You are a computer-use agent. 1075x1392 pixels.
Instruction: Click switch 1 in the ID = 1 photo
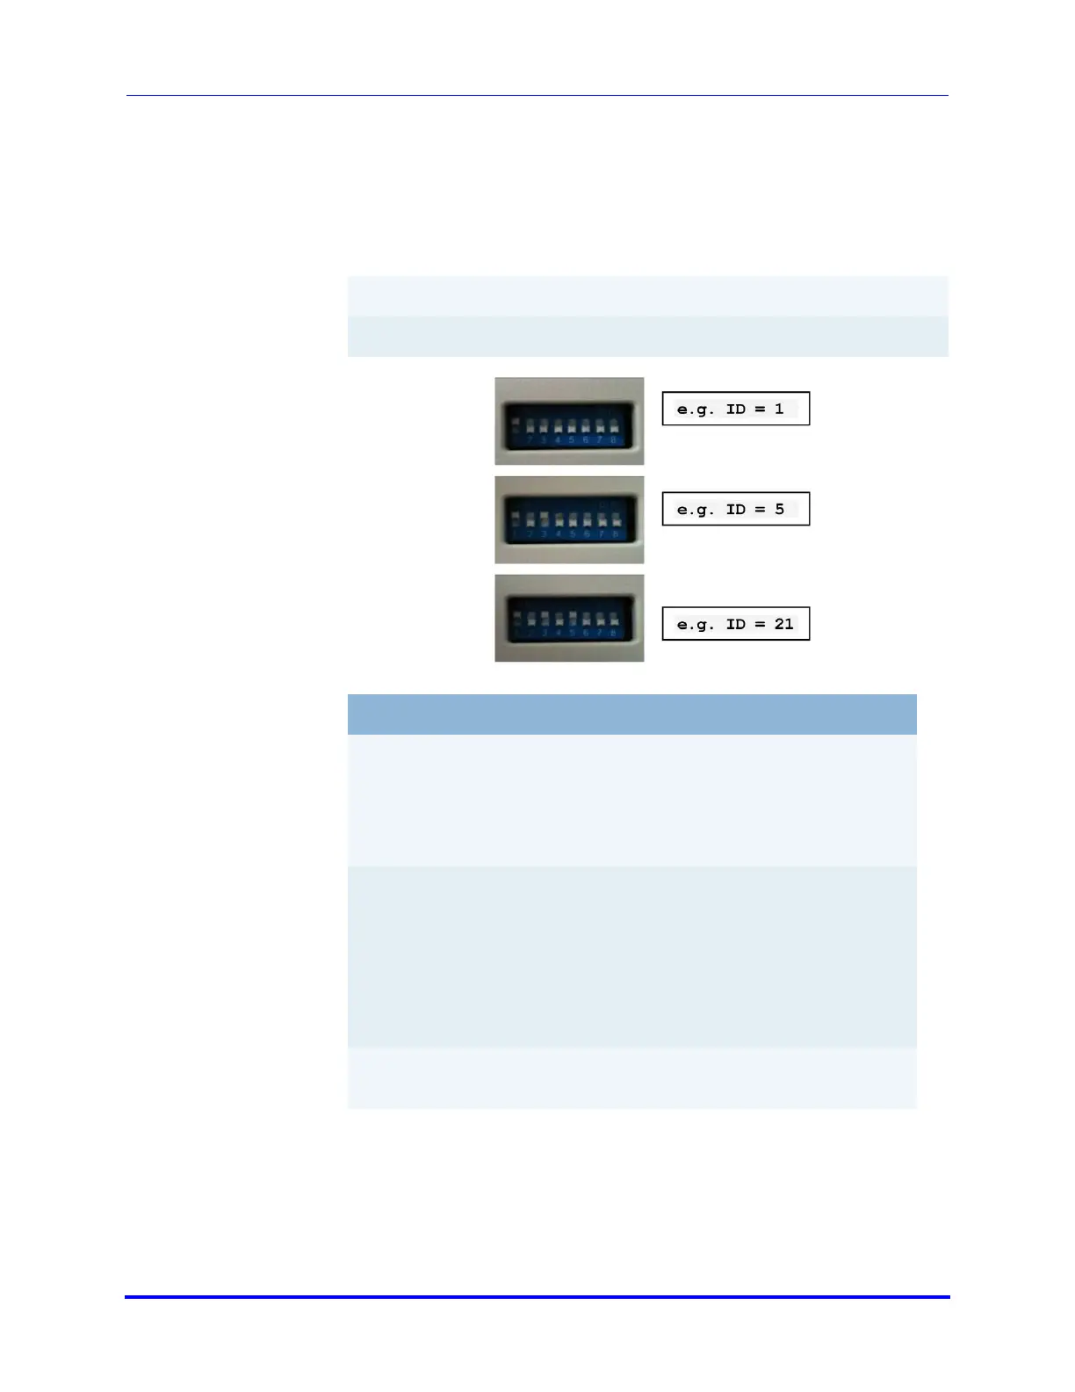516,425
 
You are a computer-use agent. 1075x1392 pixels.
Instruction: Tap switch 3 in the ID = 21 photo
544,619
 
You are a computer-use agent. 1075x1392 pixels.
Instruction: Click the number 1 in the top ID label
779,409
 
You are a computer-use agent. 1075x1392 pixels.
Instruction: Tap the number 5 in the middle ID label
779,509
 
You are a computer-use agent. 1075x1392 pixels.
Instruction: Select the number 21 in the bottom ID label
783,624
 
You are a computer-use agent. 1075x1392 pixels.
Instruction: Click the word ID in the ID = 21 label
736,624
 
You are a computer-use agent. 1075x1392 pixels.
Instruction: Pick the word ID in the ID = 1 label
736,409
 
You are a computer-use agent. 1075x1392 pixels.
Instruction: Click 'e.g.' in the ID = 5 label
696,510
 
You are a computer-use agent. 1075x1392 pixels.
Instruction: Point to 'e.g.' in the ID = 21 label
696,625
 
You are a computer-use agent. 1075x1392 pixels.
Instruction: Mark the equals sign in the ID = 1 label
760,409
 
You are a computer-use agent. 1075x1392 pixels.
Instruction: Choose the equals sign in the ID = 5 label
760,509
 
